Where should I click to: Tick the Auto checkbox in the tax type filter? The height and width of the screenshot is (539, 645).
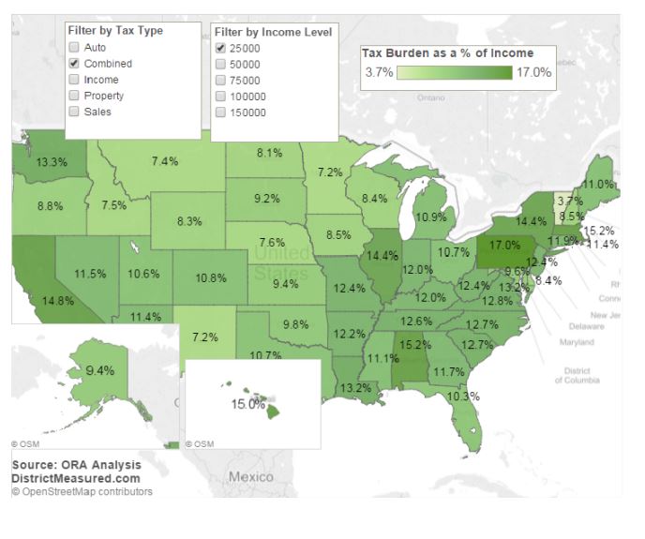point(74,47)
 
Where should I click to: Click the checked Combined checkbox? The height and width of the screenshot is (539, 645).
point(74,63)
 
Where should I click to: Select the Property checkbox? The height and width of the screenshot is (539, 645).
point(74,96)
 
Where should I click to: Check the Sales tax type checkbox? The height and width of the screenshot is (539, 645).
point(74,112)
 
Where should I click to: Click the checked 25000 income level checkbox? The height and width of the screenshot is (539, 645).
point(220,48)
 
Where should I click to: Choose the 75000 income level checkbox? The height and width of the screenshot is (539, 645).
point(220,81)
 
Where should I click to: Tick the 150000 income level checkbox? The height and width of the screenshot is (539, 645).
point(220,112)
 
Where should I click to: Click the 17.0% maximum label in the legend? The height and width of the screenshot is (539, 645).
point(533,72)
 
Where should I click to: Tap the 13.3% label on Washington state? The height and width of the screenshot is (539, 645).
point(52,162)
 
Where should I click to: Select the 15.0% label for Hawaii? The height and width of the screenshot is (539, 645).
point(247,404)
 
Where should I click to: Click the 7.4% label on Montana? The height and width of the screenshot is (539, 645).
point(165,161)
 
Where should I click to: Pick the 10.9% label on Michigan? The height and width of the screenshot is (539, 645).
point(430,217)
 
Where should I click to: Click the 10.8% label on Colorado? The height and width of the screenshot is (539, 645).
point(211,278)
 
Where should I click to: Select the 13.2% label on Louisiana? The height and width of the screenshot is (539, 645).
point(355,386)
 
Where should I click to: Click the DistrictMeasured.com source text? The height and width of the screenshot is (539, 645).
point(76,477)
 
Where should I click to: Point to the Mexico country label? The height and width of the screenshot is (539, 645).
point(251,476)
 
